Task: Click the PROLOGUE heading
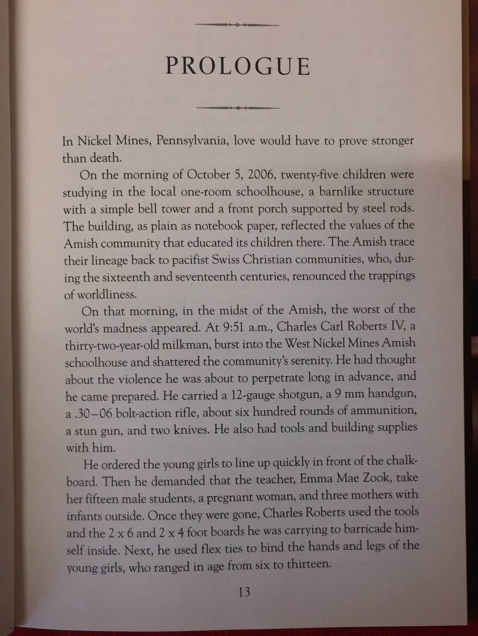pos(238,66)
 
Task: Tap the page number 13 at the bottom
pos(244,592)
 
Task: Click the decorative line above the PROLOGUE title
pos(237,25)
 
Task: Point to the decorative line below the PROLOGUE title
pos(238,108)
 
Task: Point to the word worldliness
pos(107,294)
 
